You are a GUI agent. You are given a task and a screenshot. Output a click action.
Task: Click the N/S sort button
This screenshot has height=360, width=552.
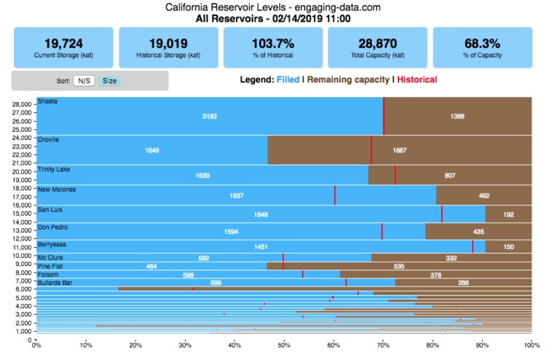point(85,81)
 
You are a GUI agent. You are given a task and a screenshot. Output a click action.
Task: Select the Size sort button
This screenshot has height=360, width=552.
point(109,81)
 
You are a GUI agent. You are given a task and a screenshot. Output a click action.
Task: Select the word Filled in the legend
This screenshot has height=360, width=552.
point(288,79)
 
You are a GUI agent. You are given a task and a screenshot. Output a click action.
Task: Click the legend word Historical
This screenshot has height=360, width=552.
point(417,79)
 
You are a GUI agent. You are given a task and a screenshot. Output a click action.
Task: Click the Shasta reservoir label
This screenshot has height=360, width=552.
point(47,101)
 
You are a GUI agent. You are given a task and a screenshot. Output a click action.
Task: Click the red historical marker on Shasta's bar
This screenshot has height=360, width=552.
point(383,116)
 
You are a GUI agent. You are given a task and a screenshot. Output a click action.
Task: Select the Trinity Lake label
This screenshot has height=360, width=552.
point(53,169)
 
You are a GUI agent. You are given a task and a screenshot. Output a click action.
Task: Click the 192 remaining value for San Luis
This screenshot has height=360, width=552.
point(508,214)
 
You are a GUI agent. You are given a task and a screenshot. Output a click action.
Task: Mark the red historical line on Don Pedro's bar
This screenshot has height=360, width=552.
point(382,231)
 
